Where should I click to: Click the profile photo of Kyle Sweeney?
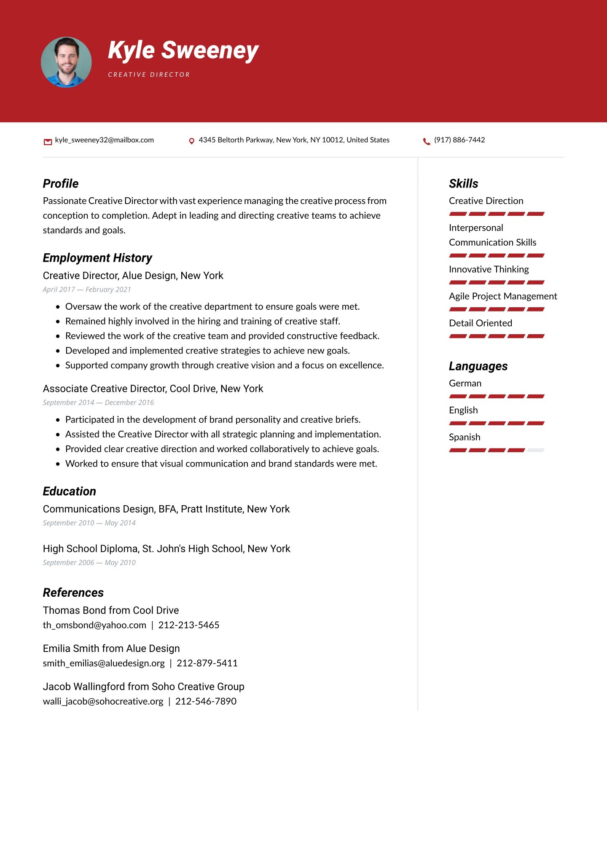pos(66,62)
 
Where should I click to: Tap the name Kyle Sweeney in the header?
pos(183,51)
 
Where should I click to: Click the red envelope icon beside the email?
pos(48,142)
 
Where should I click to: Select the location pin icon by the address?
pos(191,141)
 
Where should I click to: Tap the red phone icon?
pos(427,141)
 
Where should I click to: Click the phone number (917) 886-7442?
pos(459,140)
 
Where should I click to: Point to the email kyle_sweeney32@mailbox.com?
pos(104,140)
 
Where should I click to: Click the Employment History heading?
pos(97,258)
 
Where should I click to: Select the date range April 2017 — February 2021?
pos(87,290)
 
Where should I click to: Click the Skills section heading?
pos(463,184)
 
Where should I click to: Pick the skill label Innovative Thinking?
pos(489,269)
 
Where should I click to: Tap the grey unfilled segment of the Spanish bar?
pos(535,450)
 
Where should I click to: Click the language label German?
pos(465,383)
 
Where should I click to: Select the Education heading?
pos(70,491)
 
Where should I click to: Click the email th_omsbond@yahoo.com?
pos(94,625)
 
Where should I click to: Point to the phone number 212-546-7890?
pos(206,701)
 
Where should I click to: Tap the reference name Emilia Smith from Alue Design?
pos(111,649)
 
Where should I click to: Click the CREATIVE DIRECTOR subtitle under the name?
pos(149,75)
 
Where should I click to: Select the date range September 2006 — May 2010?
pos(89,563)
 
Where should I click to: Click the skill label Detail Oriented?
pos(481,323)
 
